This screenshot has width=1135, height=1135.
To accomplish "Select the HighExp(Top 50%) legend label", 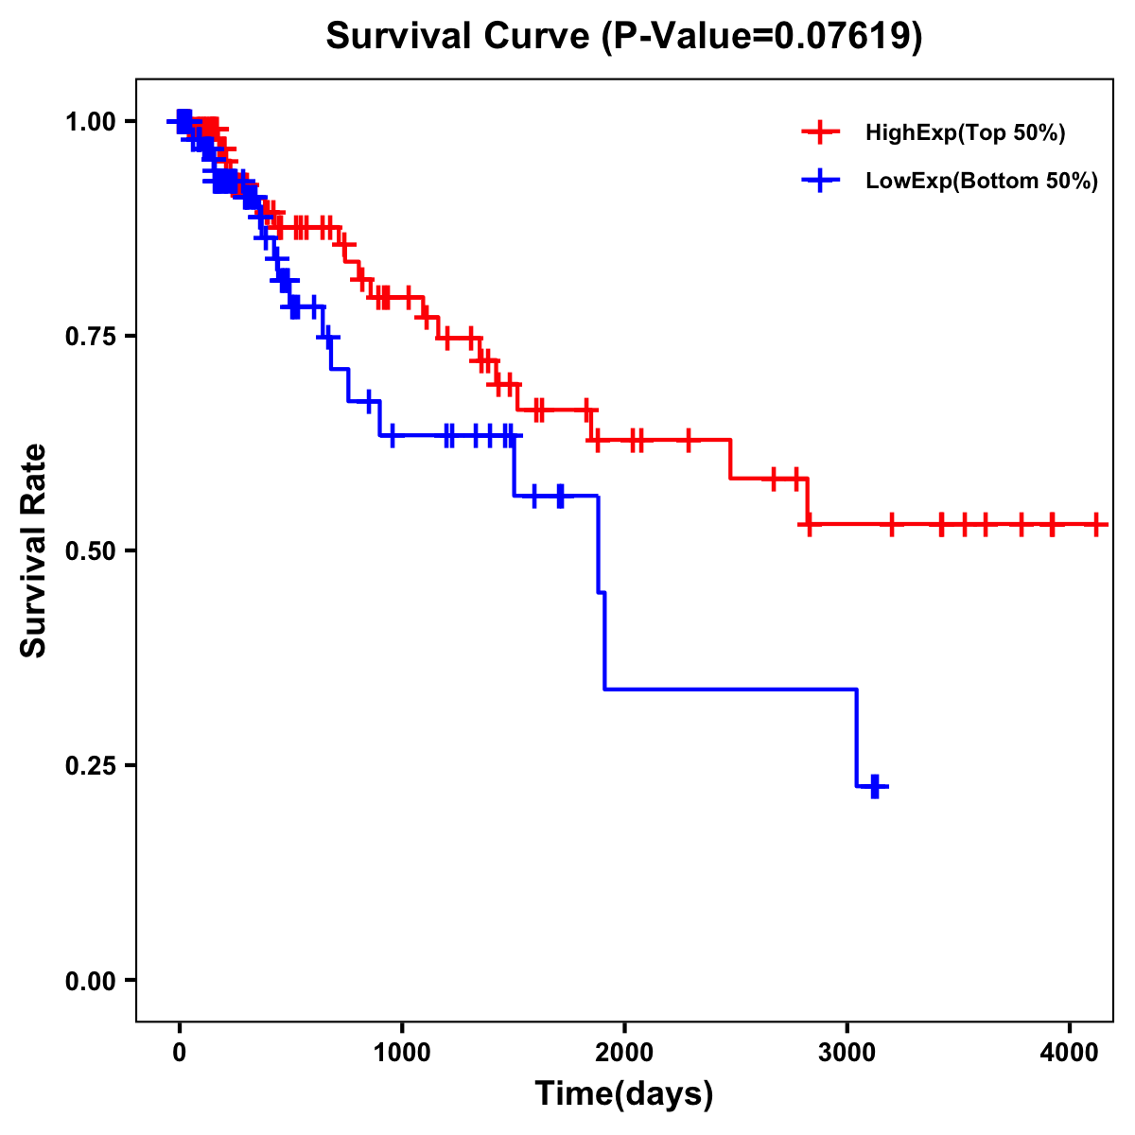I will click(965, 132).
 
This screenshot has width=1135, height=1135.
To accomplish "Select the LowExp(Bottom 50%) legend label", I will click(982, 182).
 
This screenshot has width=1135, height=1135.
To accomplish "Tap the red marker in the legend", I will click(820, 132).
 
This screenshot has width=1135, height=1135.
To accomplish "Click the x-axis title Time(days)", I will click(624, 1094).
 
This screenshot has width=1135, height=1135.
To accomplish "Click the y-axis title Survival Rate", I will click(34, 550).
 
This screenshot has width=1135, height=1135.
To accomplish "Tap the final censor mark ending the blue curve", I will click(875, 786).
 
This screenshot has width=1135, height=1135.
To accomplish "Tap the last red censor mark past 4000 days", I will click(1096, 523).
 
